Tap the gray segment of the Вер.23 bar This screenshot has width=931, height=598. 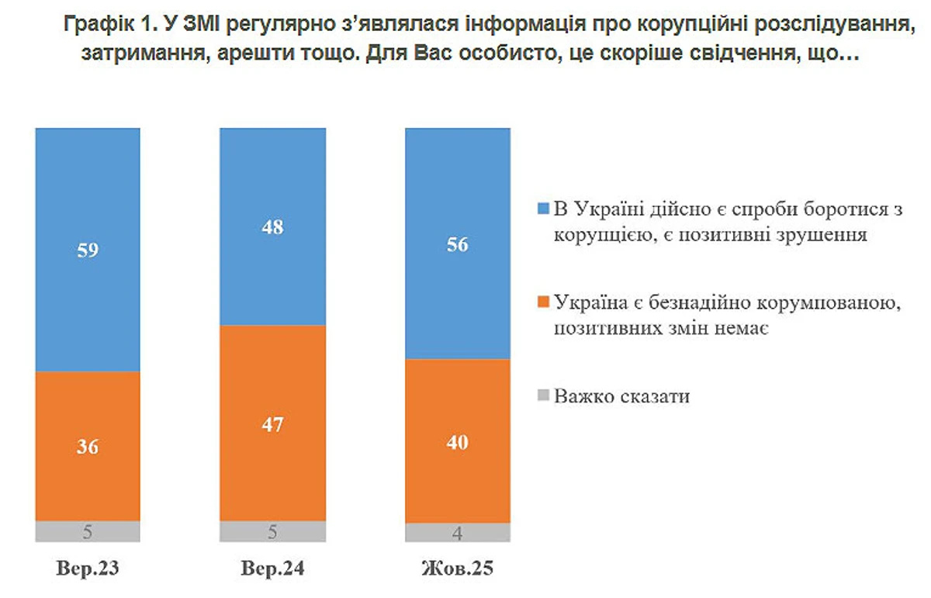click(88, 531)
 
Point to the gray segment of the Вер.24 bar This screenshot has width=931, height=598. click(272, 531)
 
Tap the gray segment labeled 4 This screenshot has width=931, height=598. click(459, 533)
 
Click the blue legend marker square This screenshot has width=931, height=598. click(543, 209)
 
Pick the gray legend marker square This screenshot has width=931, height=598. click(543, 396)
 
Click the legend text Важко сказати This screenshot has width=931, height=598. click(622, 396)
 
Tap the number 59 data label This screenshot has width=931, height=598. click(88, 250)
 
